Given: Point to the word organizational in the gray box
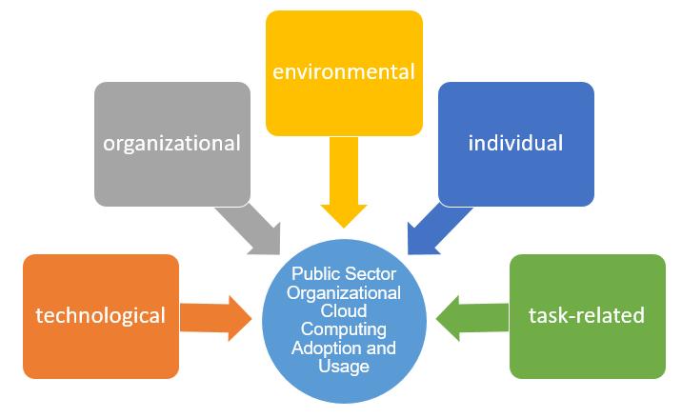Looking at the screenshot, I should click(171, 145).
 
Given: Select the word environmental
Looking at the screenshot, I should click(344, 71).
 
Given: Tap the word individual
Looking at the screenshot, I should click(515, 144).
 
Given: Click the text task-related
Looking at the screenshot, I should click(587, 315).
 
